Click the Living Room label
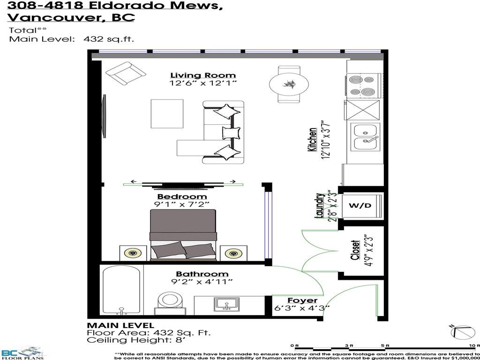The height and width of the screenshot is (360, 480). pyautogui.click(x=202, y=75)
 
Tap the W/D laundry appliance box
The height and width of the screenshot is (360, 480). pyautogui.click(x=360, y=205)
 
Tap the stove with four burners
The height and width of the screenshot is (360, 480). pyautogui.click(x=362, y=86)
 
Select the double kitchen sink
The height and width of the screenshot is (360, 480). pyautogui.click(x=367, y=137)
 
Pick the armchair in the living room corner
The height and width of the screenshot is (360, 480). pyautogui.click(x=125, y=74)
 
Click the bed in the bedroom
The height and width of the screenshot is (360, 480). pyautogui.click(x=183, y=234)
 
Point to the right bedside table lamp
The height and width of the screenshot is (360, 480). pyautogui.click(x=233, y=254)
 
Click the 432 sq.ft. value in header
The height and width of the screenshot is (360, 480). pyautogui.click(x=109, y=39)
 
